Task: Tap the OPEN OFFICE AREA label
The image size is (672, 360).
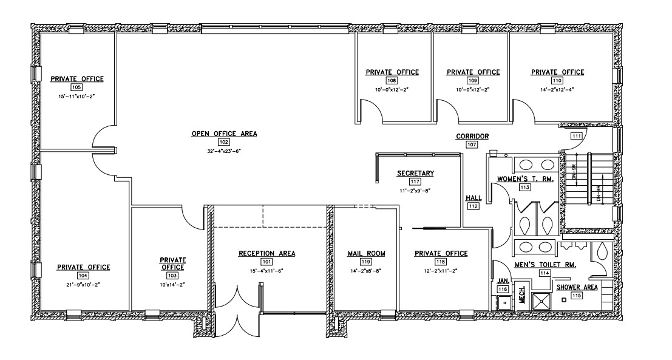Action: pos(224,134)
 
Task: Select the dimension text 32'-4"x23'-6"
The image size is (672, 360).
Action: pos(224,151)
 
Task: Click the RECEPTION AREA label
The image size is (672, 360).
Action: pos(266,253)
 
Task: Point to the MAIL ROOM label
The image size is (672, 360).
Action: pos(366,253)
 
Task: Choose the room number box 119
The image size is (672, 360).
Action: pos(366,262)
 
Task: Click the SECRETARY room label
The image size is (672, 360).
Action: pos(415,173)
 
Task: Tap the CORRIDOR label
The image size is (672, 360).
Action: pos(472,136)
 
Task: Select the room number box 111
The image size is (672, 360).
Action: pos(577,136)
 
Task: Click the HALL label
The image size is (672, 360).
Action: pos(473,198)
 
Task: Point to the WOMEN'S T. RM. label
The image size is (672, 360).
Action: pos(525,178)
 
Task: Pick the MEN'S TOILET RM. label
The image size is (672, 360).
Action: pos(545,265)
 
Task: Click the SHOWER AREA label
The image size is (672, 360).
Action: pos(577,287)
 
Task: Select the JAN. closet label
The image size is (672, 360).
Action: pos(502,281)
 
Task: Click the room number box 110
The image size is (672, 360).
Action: pos(557,81)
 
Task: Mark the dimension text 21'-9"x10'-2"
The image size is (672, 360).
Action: pos(83,284)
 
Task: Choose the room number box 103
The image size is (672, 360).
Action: pos(172,276)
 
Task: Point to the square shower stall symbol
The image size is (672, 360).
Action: pos(541,301)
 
